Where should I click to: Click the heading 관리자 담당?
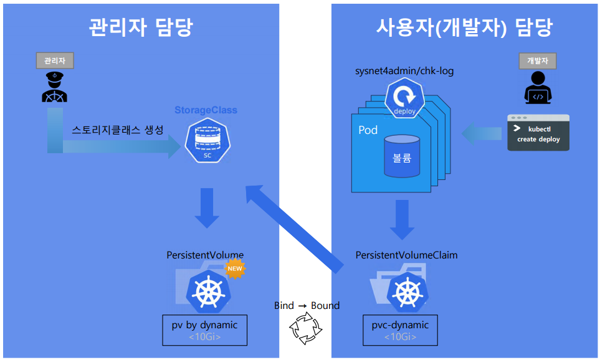(x=141, y=28)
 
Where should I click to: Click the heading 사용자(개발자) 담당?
(x=464, y=28)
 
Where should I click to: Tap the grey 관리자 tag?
(x=55, y=60)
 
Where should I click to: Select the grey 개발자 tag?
(x=537, y=60)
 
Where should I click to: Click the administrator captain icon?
(x=55, y=87)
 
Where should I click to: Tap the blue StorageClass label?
(x=206, y=110)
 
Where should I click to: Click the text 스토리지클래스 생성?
(x=118, y=130)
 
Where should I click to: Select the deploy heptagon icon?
(x=404, y=100)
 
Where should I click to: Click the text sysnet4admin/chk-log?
(x=404, y=71)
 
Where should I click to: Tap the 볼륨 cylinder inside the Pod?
(x=402, y=156)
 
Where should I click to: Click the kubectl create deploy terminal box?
(x=538, y=133)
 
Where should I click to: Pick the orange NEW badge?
(x=235, y=269)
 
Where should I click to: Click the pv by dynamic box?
(x=204, y=330)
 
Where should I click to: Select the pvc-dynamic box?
(x=399, y=330)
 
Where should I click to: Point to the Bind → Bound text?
(x=307, y=305)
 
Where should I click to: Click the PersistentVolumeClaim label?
(x=406, y=255)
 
